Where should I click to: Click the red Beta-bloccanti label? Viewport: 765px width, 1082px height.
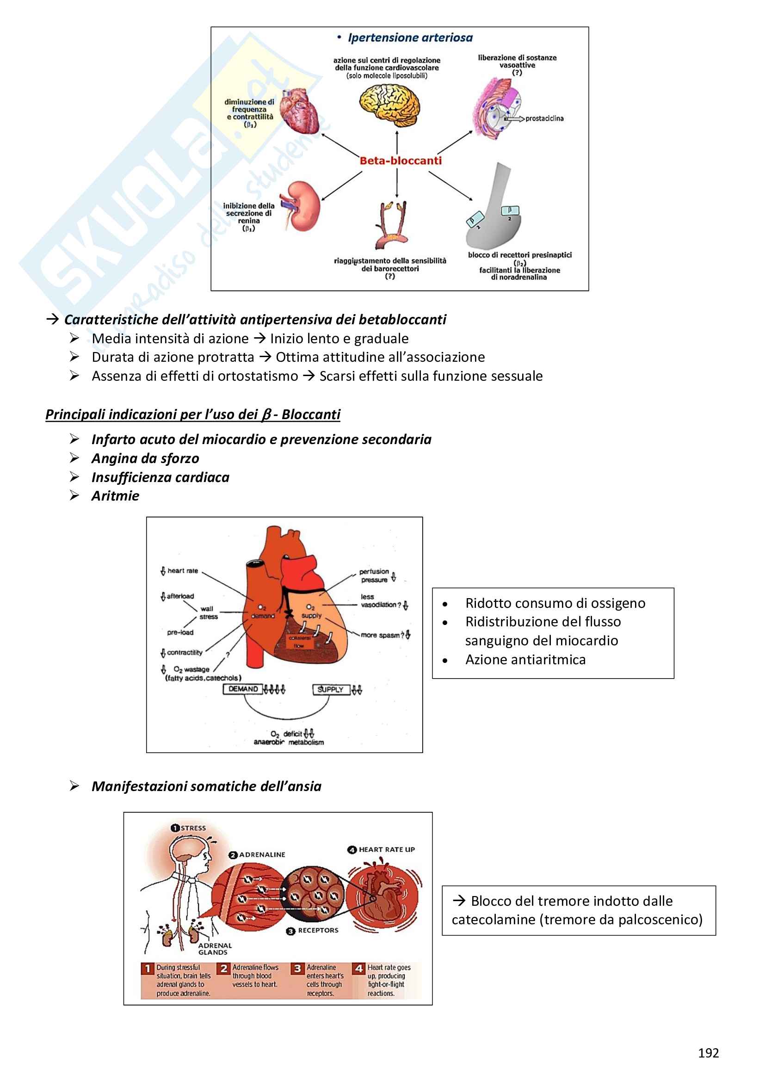coord(401,161)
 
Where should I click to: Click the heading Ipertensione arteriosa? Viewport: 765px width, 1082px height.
coord(410,37)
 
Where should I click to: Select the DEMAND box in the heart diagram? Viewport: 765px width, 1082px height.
coord(243,689)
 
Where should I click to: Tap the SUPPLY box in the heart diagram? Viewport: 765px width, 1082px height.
coord(330,689)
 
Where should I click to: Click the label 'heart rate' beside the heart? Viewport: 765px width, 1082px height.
coord(183,571)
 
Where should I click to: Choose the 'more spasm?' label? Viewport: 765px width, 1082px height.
coord(382,635)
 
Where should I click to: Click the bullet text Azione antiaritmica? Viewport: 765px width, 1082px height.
coord(525,659)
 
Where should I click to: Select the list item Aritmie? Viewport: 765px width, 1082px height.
coord(116,496)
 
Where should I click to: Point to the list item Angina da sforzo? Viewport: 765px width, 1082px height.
coord(145,458)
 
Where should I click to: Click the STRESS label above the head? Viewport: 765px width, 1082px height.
coord(193,828)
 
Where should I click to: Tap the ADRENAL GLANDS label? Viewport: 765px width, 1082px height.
coord(215,949)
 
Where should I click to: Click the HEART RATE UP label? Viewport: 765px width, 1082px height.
coord(386,850)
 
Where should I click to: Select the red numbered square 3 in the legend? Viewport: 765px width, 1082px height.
coord(297,968)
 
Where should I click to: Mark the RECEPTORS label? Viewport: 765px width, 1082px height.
coord(318,930)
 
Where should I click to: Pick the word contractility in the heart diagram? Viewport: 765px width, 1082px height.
coord(185,653)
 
